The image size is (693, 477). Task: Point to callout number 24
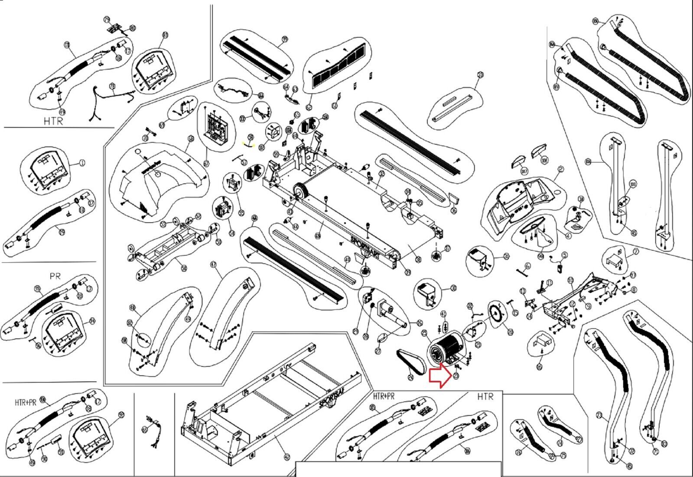(411, 378)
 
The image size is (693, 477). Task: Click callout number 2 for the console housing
(560, 169)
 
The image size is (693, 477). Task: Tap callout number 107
(525, 171)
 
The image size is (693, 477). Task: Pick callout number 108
(545, 160)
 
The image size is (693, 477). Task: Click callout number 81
(165, 35)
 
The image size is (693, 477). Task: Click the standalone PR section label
(55, 276)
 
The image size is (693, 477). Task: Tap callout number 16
(539, 367)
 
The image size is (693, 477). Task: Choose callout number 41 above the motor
(443, 313)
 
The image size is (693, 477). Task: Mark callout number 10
(570, 280)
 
